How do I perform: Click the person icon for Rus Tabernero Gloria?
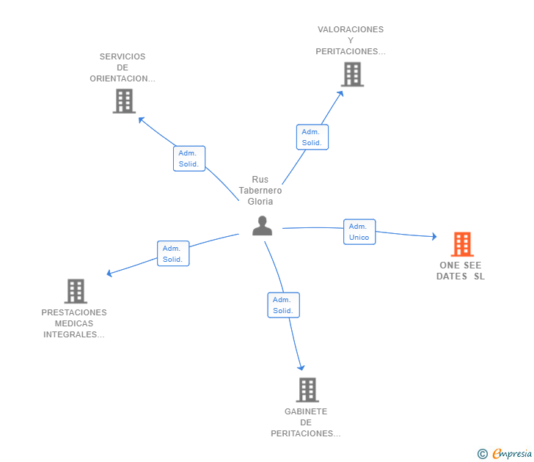263,226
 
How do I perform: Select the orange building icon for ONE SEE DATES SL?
462,244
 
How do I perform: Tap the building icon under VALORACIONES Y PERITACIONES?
353,74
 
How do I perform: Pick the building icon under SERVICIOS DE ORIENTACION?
124,101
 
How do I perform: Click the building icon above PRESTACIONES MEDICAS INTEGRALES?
76,291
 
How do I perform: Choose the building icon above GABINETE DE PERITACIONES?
307,390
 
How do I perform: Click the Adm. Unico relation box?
359,232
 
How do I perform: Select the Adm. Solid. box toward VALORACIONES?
312,137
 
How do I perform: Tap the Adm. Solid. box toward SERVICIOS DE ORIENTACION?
189,158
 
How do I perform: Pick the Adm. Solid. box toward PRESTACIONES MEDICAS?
173,254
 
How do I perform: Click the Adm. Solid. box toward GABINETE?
283,305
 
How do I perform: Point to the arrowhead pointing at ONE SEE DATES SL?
434,236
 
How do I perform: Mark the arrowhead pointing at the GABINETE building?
301,367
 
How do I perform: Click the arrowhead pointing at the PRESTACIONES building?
109,273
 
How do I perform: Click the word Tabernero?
260,191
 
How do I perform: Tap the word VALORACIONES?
351,29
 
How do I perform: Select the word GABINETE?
306,411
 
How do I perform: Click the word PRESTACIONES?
74,312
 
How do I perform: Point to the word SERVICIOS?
122,56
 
